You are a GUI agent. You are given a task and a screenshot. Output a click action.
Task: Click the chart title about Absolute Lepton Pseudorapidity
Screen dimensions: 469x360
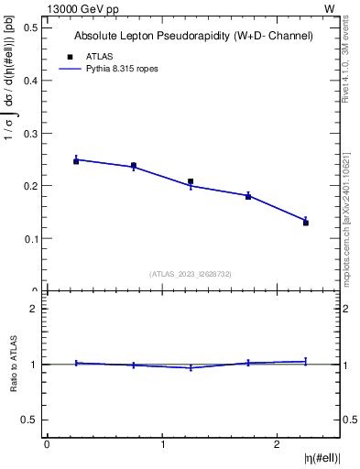[x=193, y=36]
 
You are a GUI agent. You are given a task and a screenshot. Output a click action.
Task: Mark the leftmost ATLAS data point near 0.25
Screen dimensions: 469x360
[x=76, y=161]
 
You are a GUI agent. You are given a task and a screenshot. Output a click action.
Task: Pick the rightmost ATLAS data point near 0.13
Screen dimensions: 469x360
[x=306, y=223]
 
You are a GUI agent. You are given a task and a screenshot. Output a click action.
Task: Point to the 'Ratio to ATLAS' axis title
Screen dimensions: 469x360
[x=15, y=364]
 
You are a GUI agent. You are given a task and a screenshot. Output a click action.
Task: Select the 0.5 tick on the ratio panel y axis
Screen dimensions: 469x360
[x=28, y=420]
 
